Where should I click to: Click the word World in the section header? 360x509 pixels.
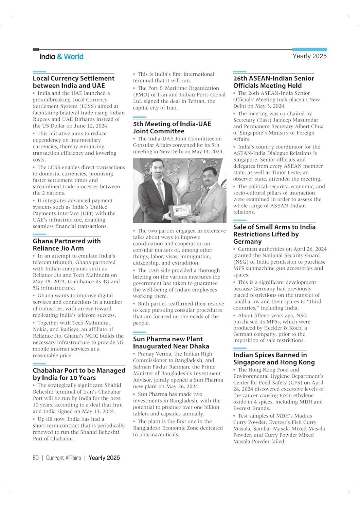pyautogui.click(x=74, y=57)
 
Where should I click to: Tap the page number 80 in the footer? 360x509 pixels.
pyautogui.click(x=36, y=458)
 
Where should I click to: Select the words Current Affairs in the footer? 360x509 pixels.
pyautogui.click(x=64, y=458)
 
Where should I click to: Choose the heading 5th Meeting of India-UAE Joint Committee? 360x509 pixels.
pyautogui.click(x=172, y=128)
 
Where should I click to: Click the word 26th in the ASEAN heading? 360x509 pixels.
pyautogui.click(x=241, y=78)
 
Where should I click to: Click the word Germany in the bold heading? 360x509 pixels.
pyautogui.click(x=247, y=242)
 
